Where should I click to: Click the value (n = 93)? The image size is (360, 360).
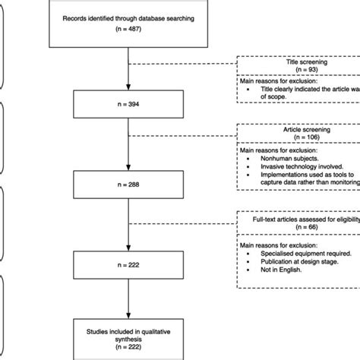click(305, 71)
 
